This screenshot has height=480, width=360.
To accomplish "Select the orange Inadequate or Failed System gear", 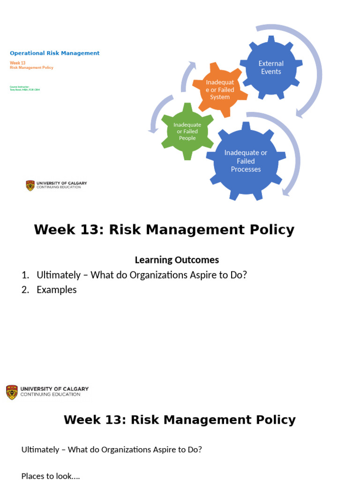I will click(x=219, y=90).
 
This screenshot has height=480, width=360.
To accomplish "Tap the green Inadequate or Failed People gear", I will click(x=187, y=131).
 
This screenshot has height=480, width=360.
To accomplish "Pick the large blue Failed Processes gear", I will click(x=246, y=161).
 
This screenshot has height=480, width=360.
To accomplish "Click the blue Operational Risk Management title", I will click(x=55, y=53).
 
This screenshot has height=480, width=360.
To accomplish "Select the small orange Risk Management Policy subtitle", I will click(x=31, y=67).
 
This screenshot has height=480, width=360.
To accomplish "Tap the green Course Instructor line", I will click(x=20, y=87).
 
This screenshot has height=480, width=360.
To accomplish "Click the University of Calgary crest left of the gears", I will click(x=30, y=185).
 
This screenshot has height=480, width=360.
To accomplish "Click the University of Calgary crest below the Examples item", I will click(x=12, y=392).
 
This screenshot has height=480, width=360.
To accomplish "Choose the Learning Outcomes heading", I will click(x=177, y=260).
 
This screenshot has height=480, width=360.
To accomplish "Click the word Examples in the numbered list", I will click(x=57, y=290).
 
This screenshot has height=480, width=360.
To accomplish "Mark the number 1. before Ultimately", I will click(x=26, y=275).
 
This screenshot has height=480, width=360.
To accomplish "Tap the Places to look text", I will click(x=51, y=476).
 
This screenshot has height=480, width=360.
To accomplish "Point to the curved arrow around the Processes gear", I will click(x=293, y=155).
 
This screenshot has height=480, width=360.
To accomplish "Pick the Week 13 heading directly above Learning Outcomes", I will click(x=164, y=230).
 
